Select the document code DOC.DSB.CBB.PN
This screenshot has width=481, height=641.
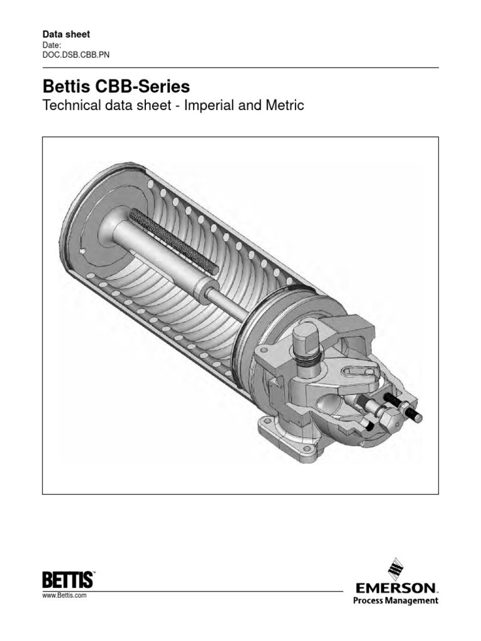(75, 54)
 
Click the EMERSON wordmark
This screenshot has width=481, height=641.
(395, 588)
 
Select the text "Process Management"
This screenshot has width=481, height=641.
(395, 601)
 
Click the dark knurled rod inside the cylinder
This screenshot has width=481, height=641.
(174, 241)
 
